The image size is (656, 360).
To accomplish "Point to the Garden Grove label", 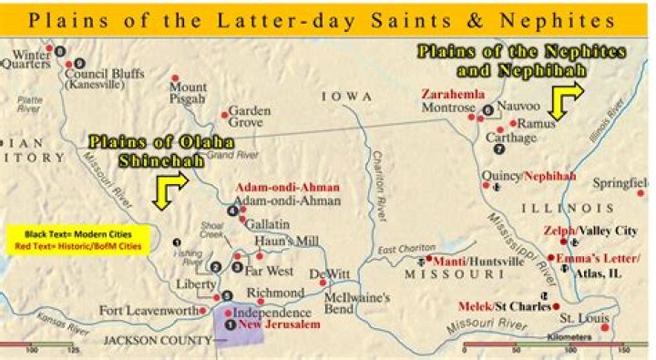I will (250, 115).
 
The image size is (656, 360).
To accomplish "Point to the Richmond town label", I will (275, 293).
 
